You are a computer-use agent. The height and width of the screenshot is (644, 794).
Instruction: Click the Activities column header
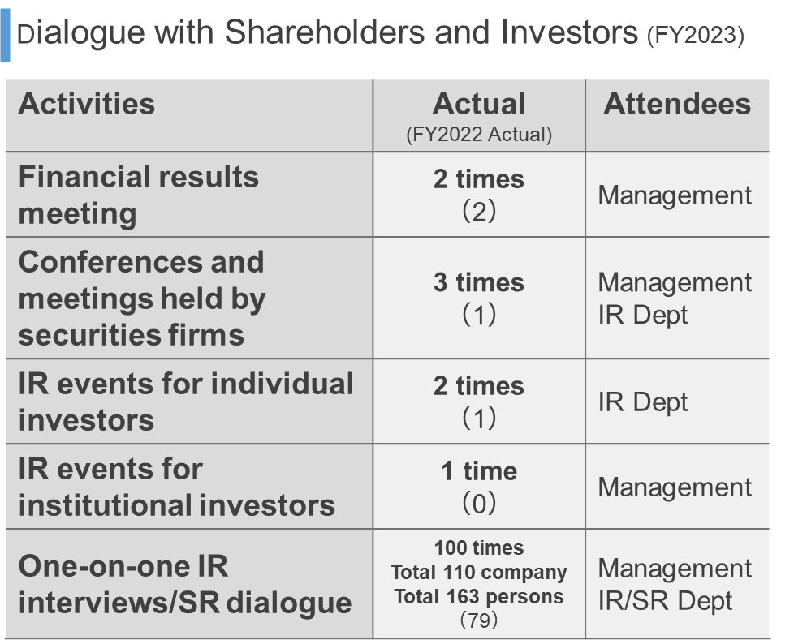87,104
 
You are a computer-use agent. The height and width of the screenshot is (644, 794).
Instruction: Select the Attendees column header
677,104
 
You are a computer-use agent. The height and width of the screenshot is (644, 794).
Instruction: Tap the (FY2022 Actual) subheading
479,135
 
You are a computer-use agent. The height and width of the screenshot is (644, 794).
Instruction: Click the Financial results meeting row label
138,195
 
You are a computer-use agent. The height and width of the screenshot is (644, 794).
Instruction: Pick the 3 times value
479,282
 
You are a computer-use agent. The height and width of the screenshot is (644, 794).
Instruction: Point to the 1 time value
479,471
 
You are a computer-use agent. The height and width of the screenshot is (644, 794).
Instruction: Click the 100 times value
479,547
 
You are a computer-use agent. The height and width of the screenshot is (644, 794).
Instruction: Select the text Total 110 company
479,572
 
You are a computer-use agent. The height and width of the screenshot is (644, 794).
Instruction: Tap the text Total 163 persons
479,596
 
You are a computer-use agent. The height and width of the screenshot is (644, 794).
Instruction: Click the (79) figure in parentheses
479,620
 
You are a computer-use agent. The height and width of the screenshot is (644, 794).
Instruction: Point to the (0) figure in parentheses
479,503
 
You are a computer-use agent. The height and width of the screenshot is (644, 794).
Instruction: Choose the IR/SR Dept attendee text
665,601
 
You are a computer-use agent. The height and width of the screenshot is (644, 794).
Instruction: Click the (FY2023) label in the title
696,36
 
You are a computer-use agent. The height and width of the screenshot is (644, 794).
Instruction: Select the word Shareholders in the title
325,32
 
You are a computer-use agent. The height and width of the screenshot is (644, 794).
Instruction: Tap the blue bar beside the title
5,36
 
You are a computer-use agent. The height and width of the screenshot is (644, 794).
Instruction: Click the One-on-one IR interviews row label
185,584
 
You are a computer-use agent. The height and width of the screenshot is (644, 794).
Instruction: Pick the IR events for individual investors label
186,401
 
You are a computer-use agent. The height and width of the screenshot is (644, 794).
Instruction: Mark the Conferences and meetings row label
142,298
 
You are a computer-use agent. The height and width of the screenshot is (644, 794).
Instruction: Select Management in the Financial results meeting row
675,195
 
